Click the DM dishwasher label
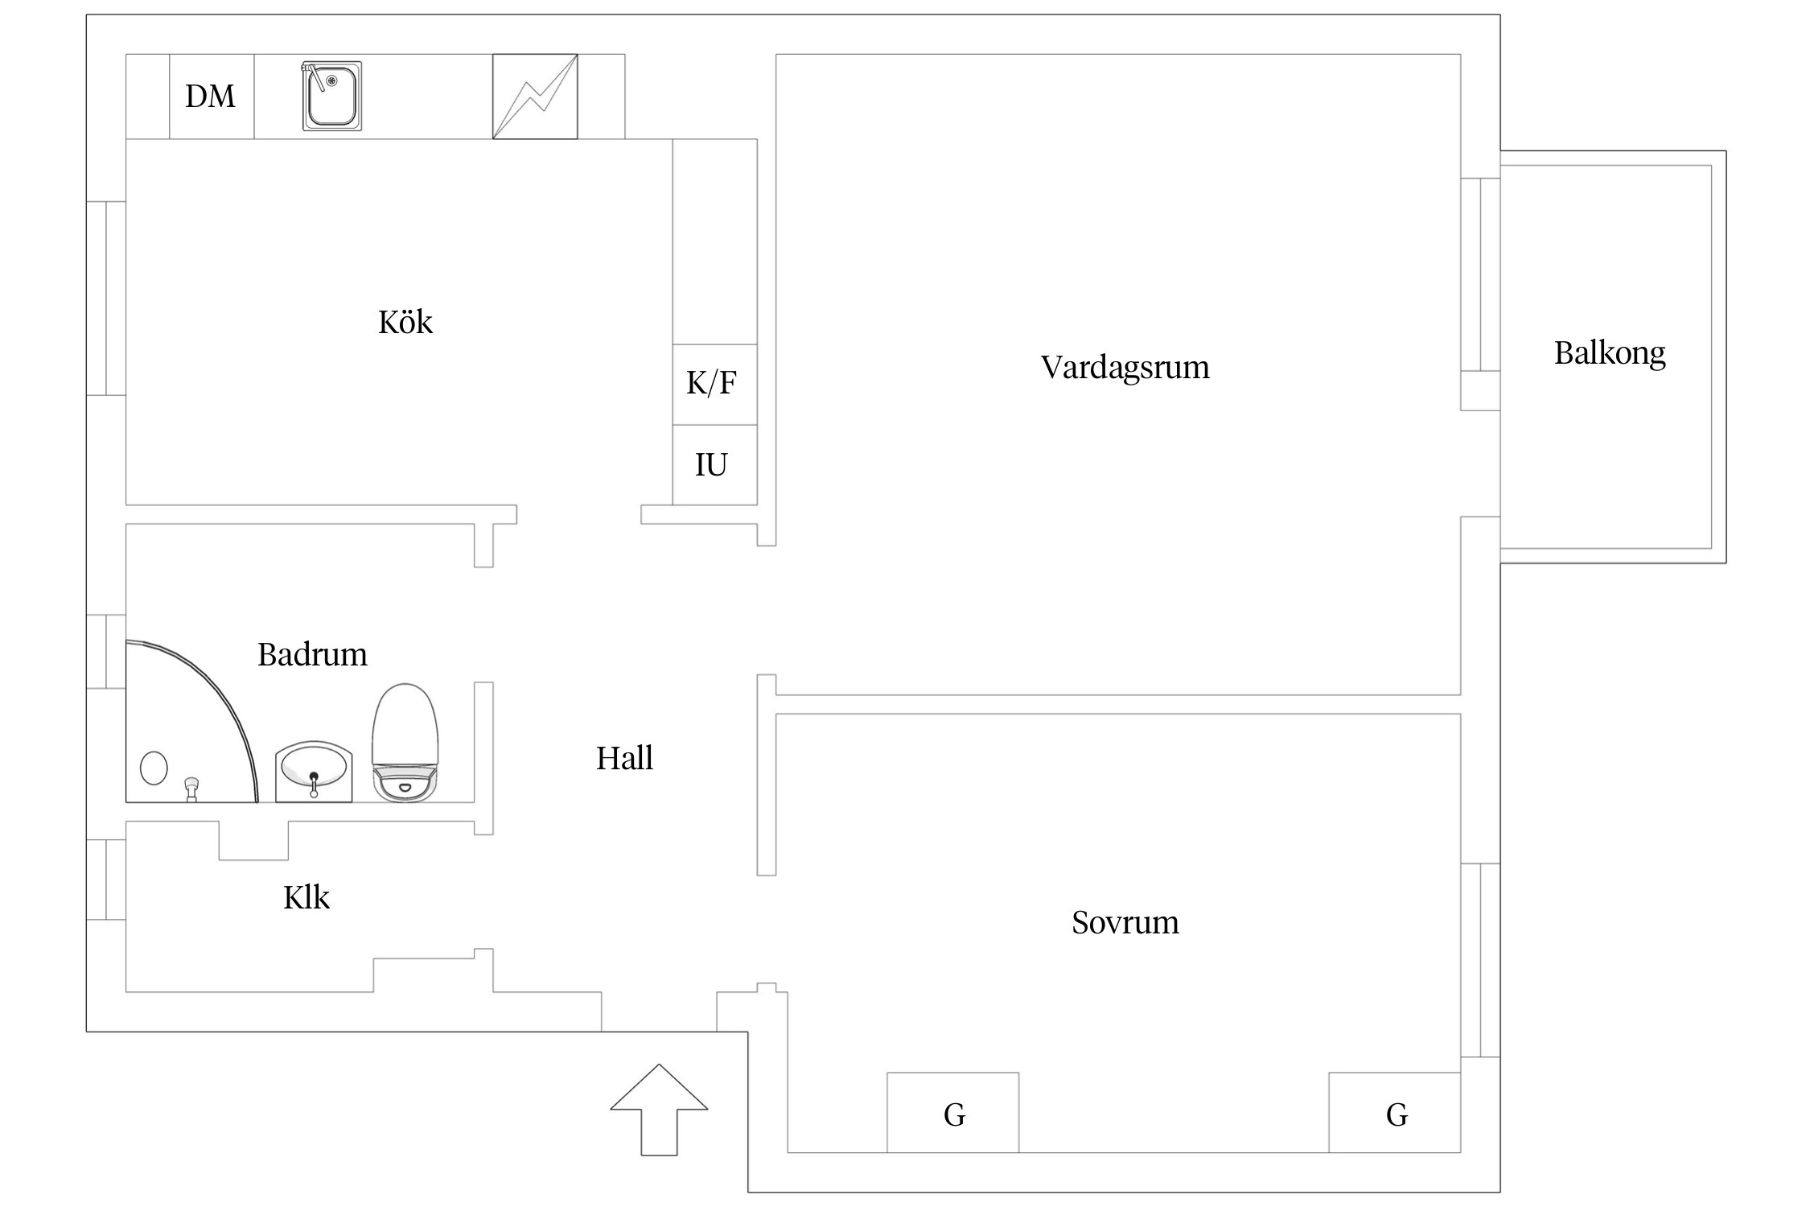tap(211, 97)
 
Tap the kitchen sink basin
tap(332, 97)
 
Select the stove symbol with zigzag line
tap(535, 97)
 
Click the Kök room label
tap(405, 323)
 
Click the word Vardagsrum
tap(1125, 368)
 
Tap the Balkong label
tap(1609, 353)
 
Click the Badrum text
tap(312, 655)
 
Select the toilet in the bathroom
tap(405, 744)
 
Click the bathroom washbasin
tap(314, 771)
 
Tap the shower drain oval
tap(154, 768)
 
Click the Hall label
tap(624, 758)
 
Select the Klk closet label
tap(306, 898)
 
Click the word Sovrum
tap(1125, 923)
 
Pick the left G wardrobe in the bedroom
tap(952, 1113)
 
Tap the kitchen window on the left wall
tap(106, 298)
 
